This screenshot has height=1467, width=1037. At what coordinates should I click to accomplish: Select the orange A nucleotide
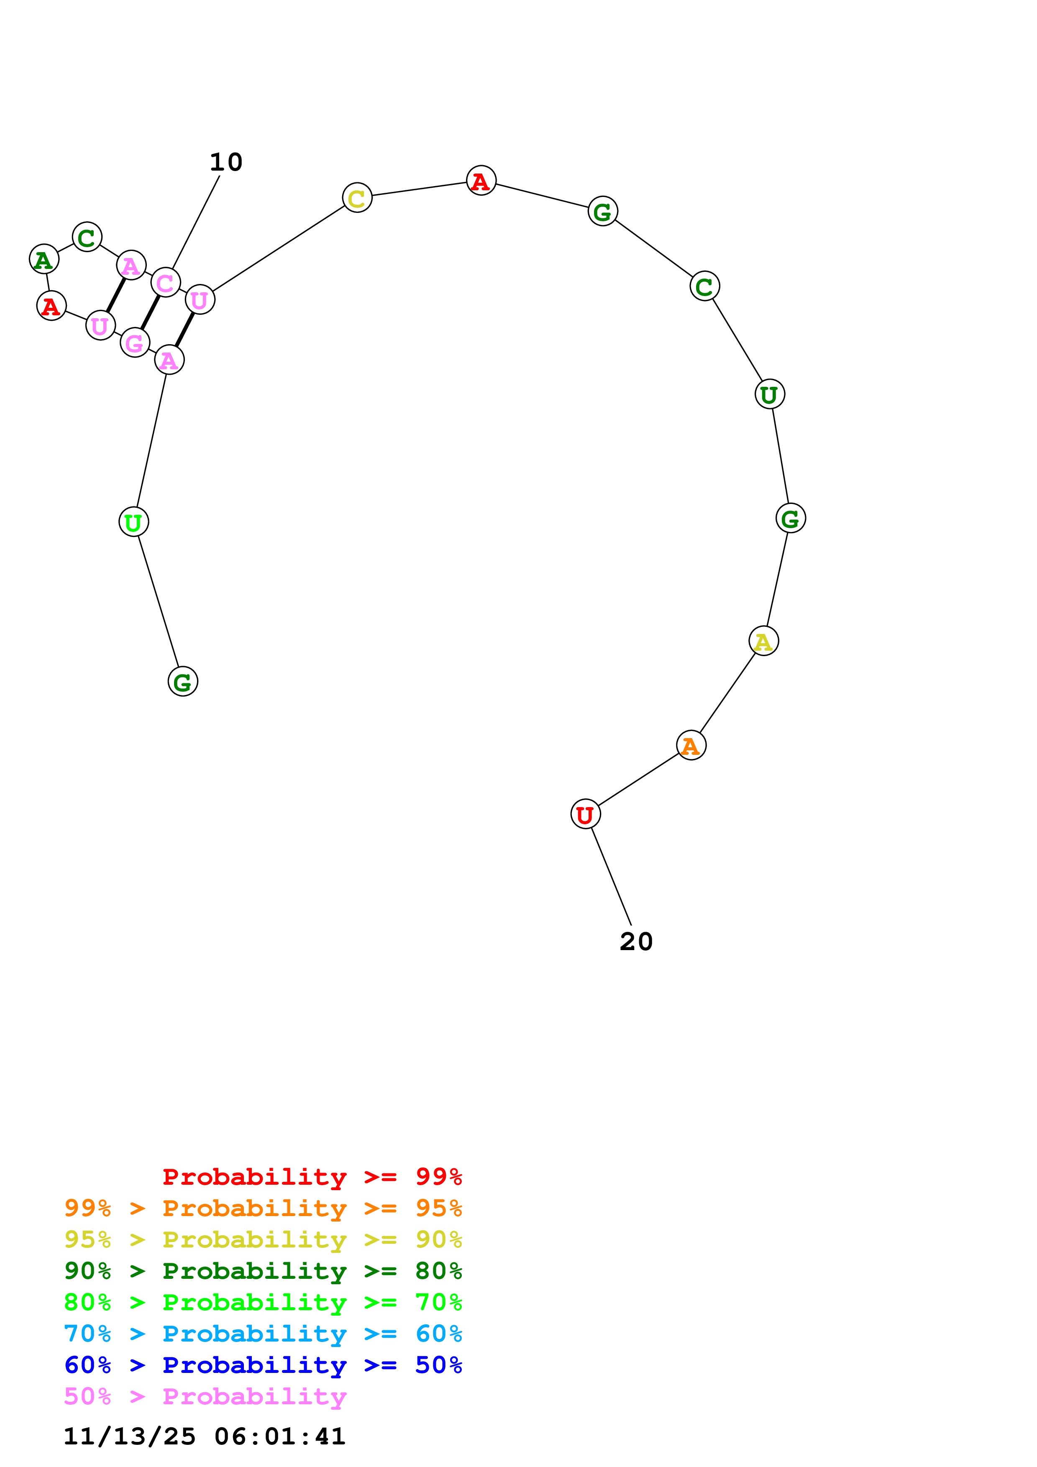691,746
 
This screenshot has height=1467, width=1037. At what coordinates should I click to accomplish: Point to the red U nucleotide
585,815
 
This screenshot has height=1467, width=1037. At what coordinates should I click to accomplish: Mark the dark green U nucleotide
769,394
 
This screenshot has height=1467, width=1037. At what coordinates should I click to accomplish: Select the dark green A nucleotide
44,259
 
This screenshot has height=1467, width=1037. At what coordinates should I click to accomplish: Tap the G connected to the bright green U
183,682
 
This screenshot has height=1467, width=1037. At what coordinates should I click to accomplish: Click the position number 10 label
226,162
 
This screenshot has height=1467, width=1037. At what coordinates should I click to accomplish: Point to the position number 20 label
636,942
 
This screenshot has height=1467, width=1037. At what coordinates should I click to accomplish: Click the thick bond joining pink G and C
150,313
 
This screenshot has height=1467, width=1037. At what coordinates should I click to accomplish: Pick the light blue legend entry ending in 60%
263,1334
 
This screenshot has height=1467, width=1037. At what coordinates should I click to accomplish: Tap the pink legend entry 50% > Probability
205,1397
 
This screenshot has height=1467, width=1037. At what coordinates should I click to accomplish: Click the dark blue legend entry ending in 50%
263,1365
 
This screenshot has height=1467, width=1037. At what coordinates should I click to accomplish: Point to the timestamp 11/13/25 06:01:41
205,1437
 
